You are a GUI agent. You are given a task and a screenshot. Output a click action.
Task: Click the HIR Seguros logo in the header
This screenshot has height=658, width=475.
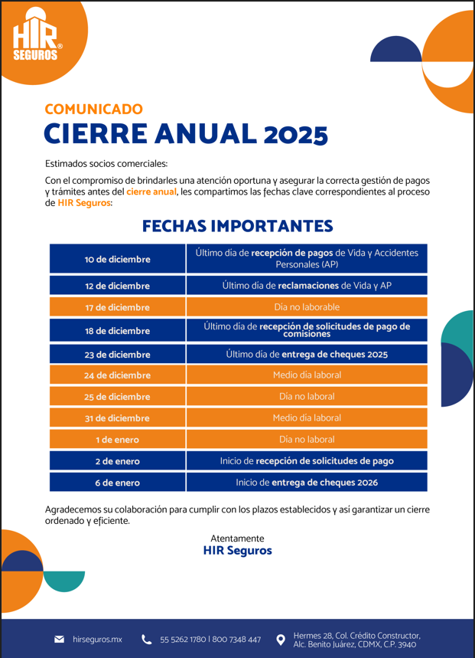coord(37,35)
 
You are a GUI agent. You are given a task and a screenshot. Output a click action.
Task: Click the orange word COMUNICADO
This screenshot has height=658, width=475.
coord(93,110)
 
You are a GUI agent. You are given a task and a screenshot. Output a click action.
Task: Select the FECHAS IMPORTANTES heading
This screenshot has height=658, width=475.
coord(237,226)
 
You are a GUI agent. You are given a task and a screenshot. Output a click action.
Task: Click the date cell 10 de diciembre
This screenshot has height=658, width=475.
coord(117,259)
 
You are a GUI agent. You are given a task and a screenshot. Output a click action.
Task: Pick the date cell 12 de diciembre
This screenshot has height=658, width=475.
coord(117,286)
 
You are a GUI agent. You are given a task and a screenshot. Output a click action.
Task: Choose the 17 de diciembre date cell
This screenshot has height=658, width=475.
coord(117,307)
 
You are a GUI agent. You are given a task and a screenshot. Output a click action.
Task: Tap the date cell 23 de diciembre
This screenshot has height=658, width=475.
coord(117,355)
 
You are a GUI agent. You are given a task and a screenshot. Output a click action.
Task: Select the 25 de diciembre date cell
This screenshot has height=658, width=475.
coord(117,397)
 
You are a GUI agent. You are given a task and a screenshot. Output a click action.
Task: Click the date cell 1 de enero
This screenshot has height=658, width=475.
coord(117,440)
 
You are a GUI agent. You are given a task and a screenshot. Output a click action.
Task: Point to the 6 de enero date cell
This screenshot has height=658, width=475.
coord(117,483)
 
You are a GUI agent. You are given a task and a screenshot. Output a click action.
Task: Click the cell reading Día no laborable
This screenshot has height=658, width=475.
coord(307,307)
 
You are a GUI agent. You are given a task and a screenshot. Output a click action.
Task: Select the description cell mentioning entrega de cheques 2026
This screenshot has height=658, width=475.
coord(307,483)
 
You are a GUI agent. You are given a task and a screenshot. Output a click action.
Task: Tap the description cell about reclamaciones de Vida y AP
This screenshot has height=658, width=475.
coord(307,286)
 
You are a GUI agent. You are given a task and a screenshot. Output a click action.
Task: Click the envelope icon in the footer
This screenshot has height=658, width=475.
coord(59,639)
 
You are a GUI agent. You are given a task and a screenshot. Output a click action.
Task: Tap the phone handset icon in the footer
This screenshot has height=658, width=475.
coord(147,639)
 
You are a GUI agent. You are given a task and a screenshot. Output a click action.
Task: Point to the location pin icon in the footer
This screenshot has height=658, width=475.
coord(281,639)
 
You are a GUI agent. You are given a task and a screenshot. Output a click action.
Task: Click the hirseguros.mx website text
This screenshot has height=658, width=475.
coord(97,639)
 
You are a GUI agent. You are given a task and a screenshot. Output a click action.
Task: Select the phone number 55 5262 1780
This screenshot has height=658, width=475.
coord(182,640)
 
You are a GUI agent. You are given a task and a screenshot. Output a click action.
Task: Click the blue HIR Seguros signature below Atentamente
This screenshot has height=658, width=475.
coord(237,551)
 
